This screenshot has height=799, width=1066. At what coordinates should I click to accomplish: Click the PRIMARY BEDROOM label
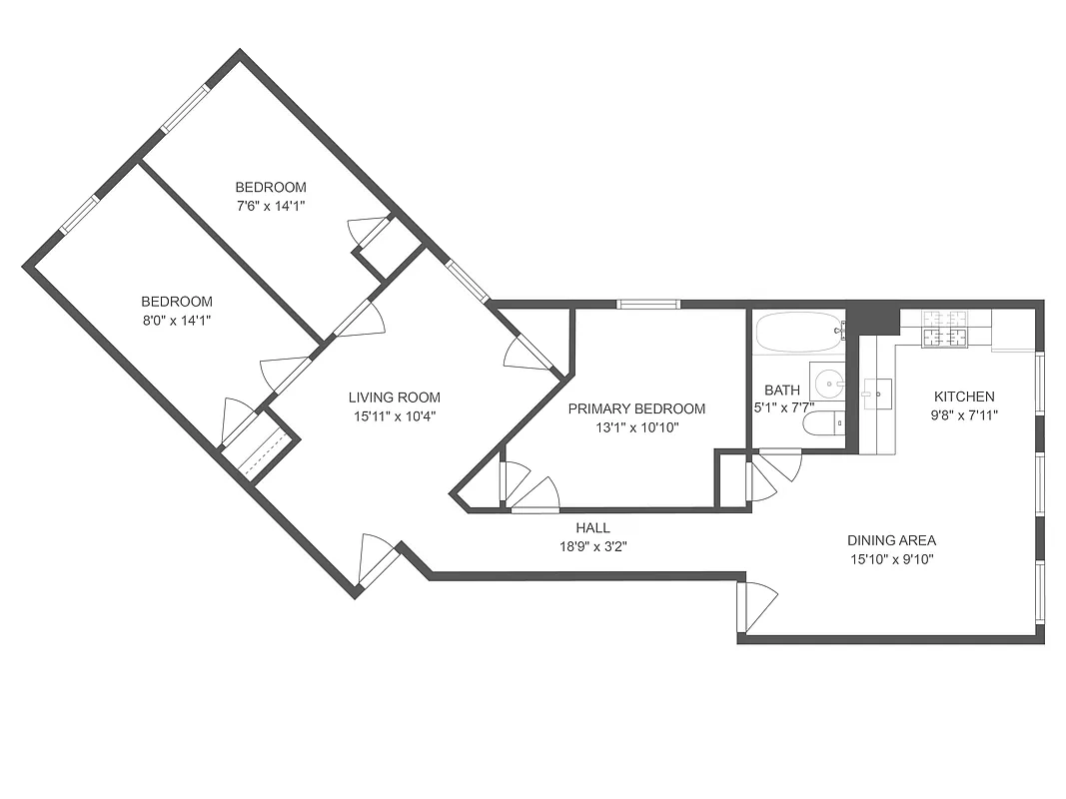(636, 408)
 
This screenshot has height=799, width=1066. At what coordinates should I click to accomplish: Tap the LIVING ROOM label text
(394, 397)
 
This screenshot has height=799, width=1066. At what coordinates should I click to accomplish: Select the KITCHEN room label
(964, 396)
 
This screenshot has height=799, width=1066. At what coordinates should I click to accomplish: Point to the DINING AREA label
(891, 540)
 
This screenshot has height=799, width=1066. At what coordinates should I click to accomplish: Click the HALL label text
(592, 527)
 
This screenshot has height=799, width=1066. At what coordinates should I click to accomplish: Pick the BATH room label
(781, 390)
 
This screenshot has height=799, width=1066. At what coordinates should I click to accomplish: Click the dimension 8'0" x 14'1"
(177, 321)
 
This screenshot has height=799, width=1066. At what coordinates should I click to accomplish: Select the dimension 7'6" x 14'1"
(271, 206)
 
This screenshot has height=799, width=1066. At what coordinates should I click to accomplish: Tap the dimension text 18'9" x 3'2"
(592, 546)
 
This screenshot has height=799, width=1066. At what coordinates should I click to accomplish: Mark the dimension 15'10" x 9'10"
(891, 559)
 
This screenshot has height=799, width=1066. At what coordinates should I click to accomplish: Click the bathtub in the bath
(798, 329)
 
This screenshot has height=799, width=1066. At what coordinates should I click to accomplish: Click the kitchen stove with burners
(944, 331)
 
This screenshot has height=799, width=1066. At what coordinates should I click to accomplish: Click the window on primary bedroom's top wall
(647, 305)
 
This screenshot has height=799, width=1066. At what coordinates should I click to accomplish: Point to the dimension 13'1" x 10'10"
(636, 427)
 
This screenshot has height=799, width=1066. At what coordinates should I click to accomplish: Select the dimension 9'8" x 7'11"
(964, 414)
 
